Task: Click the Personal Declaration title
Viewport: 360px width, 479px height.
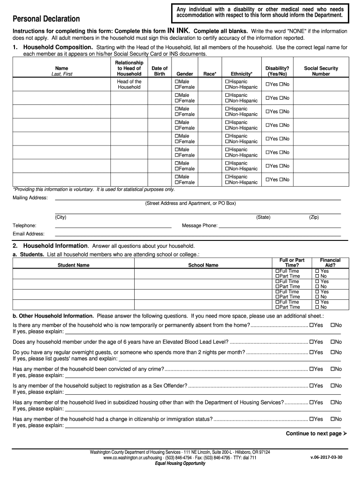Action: pyautogui.click(x=46, y=19)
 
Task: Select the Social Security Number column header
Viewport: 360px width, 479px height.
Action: pyautogui.click(x=321, y=71)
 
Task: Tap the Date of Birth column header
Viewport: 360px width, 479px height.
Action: pyautogui.click(x=160, y=71)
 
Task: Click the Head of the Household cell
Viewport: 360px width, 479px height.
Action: pyautogui.click(x=129, y=84)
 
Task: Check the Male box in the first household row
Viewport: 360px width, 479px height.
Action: pyautogui.click(x=177, y=81)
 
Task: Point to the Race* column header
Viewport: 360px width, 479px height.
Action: pyautogui.click(x=210, y=74)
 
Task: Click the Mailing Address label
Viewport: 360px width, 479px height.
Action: pyautogui.click(x=30, y=198)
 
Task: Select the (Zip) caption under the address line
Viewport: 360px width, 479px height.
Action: pyautogui.click(x=314, y=218)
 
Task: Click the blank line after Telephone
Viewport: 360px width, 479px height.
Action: pyautogui.click(x=113, y=225)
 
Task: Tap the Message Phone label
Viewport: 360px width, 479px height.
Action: pyautogui.click(x=200, y=225)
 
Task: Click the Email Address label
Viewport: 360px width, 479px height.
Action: pyautogui.click(x=29, y=234)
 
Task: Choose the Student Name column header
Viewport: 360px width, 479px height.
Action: pyautogui.click(x=73, y=265)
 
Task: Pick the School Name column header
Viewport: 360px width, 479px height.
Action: pyautogui.click(x=203, y=265)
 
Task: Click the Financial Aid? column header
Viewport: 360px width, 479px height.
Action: pyautogui.click(x=330, y=262)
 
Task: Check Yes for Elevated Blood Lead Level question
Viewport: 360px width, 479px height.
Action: pyautogui.click(x=311, y=342)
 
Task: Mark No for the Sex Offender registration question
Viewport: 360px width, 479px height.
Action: pyautogui.click(x=333, y=386)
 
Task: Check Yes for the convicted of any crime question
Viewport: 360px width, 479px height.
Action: pyautogui.click(x=311, y=369)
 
